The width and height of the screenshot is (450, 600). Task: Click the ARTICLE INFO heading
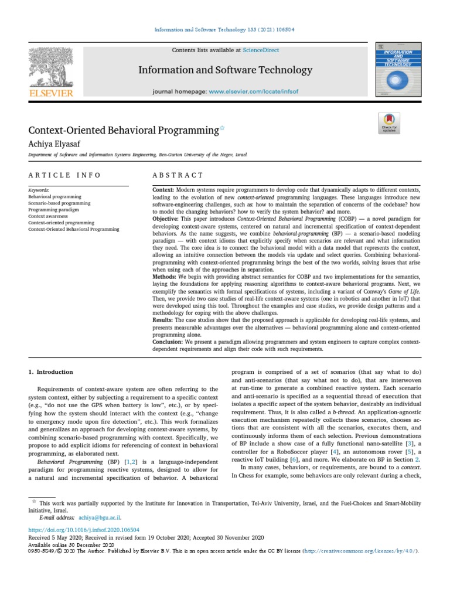click(64, 175)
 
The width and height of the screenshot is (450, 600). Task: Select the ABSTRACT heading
click(178, 175)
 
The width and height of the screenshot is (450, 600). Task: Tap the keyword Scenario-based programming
click(59, 203)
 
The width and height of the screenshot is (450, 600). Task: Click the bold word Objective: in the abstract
click(167, 216)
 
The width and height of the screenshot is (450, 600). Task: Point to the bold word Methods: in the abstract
click(165, 275)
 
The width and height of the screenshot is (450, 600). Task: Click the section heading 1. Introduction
click(51, 372)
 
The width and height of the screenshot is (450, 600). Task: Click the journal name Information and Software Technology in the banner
click(225, 70)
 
